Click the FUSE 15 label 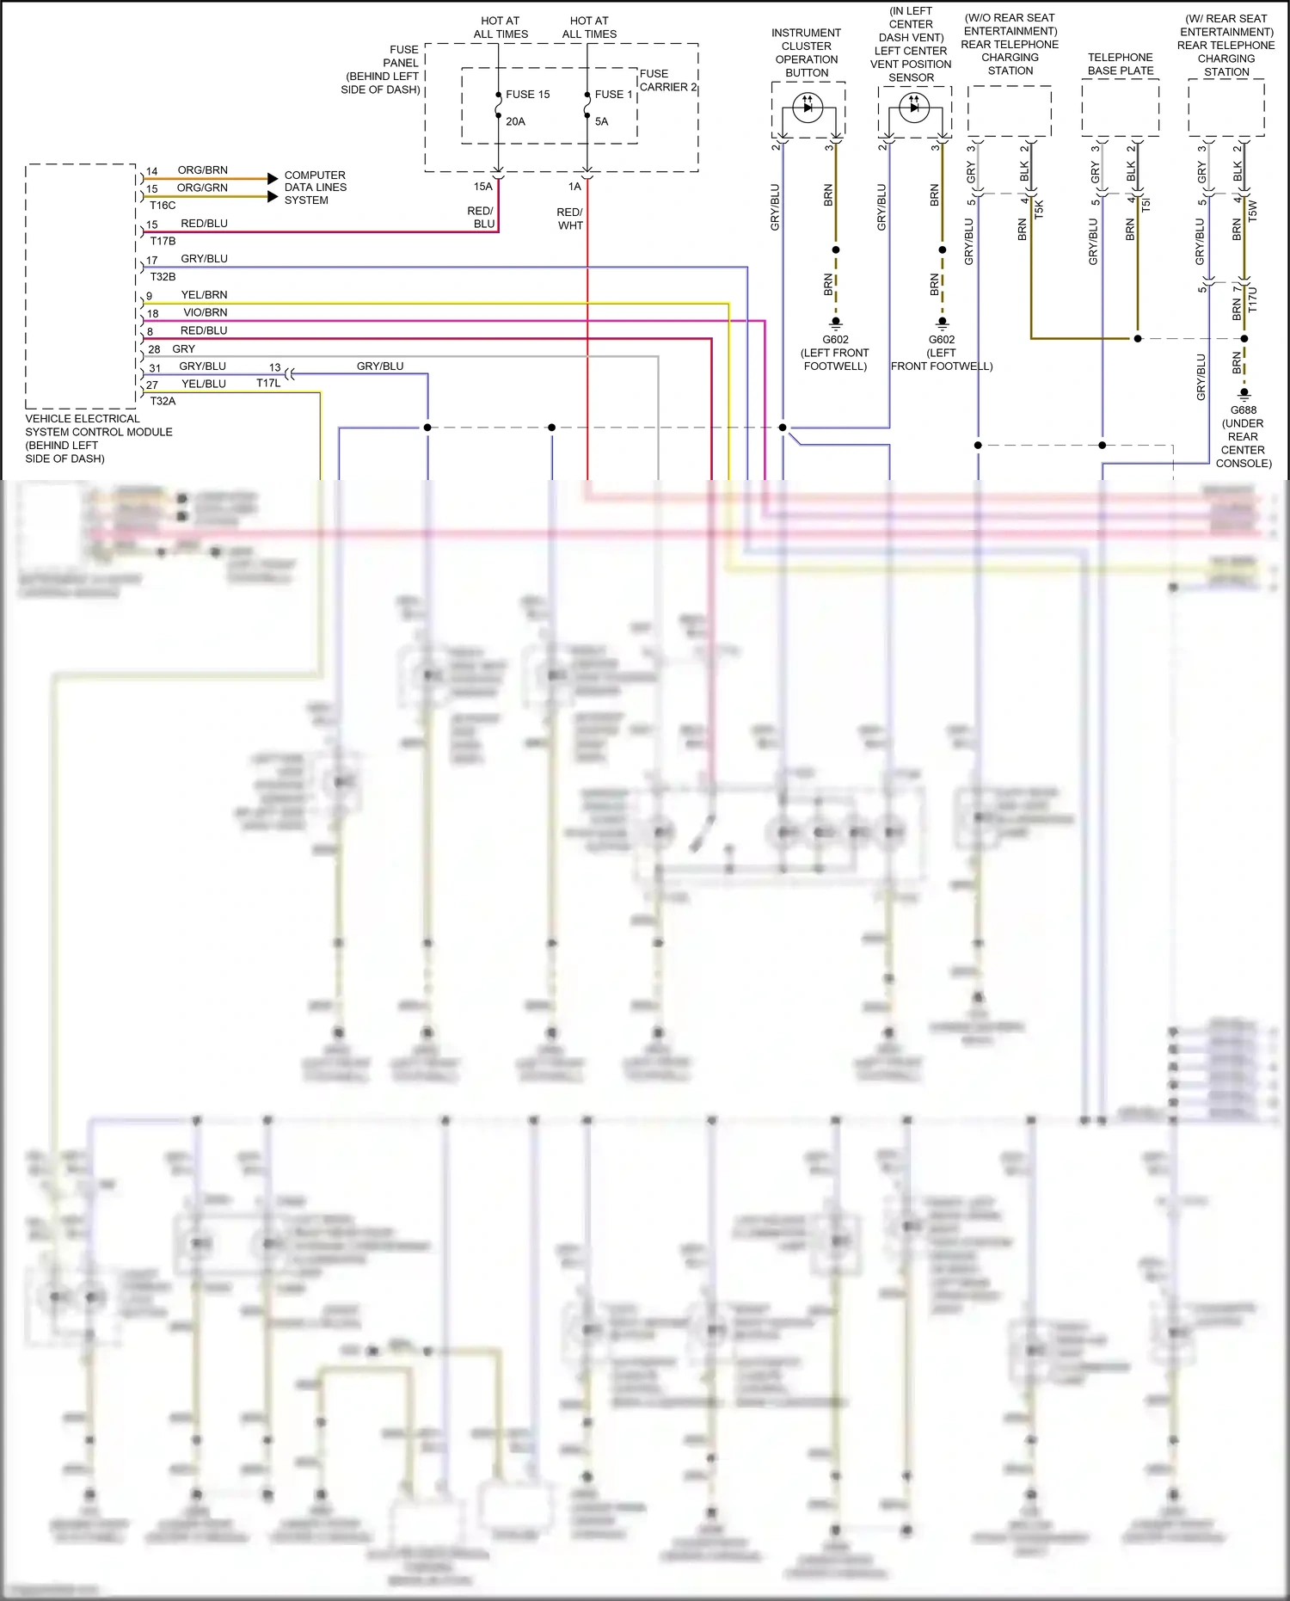point(527,95)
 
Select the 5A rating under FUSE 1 point(601,121)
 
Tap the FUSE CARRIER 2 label point(668,80)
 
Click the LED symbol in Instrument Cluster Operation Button point(808,108)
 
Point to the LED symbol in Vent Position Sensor point(913,108)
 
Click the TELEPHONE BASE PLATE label point(1120,64)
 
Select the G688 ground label point(1243,410)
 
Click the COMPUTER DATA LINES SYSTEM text point(315,188)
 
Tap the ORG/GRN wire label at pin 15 point(202,188)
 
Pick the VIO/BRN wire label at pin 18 point(205,313)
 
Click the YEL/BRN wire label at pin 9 point(204,295)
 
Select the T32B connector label point(163,277)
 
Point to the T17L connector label point(268,384)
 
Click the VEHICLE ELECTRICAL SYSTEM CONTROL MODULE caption point(98,439)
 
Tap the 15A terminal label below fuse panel point(483,187)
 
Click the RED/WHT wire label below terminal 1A point(570,219)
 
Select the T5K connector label point(1039,208)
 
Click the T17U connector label point(1252,299)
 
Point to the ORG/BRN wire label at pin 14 point(202,170)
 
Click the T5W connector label point(1252,211)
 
